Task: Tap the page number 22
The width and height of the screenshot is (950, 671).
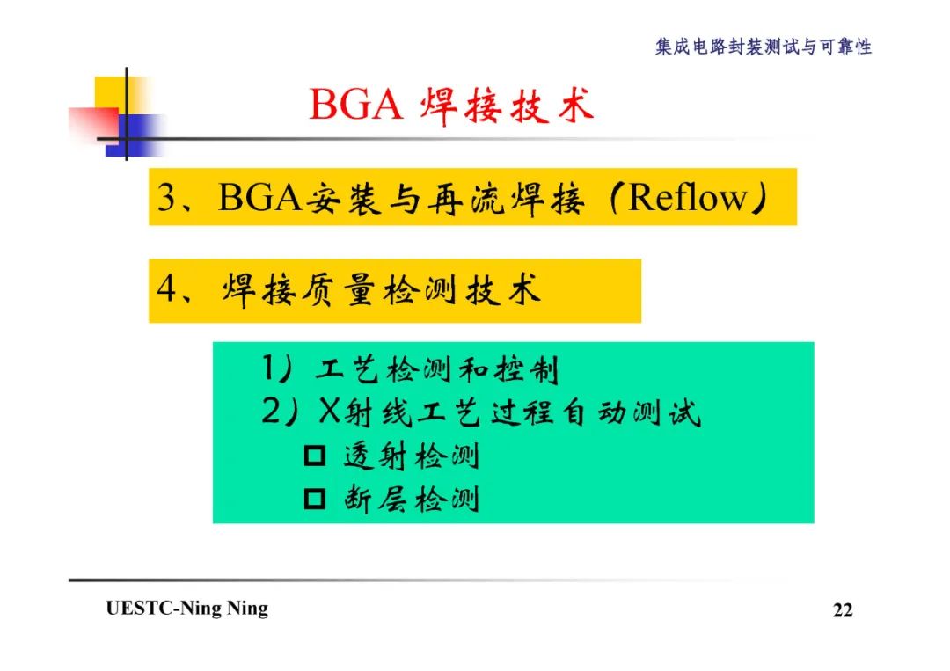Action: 842,610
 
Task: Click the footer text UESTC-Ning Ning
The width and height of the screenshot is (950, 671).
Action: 187,609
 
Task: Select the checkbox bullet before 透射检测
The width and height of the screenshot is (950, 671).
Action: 314,457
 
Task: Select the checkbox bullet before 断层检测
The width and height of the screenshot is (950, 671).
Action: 314,500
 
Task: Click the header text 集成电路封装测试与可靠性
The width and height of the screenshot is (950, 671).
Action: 763,47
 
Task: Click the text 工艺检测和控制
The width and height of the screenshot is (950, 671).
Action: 436,370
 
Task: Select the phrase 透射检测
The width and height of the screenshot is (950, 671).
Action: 411,457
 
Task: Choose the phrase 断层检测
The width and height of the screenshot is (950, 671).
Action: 411,500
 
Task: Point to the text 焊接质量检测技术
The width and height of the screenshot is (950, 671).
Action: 380,291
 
